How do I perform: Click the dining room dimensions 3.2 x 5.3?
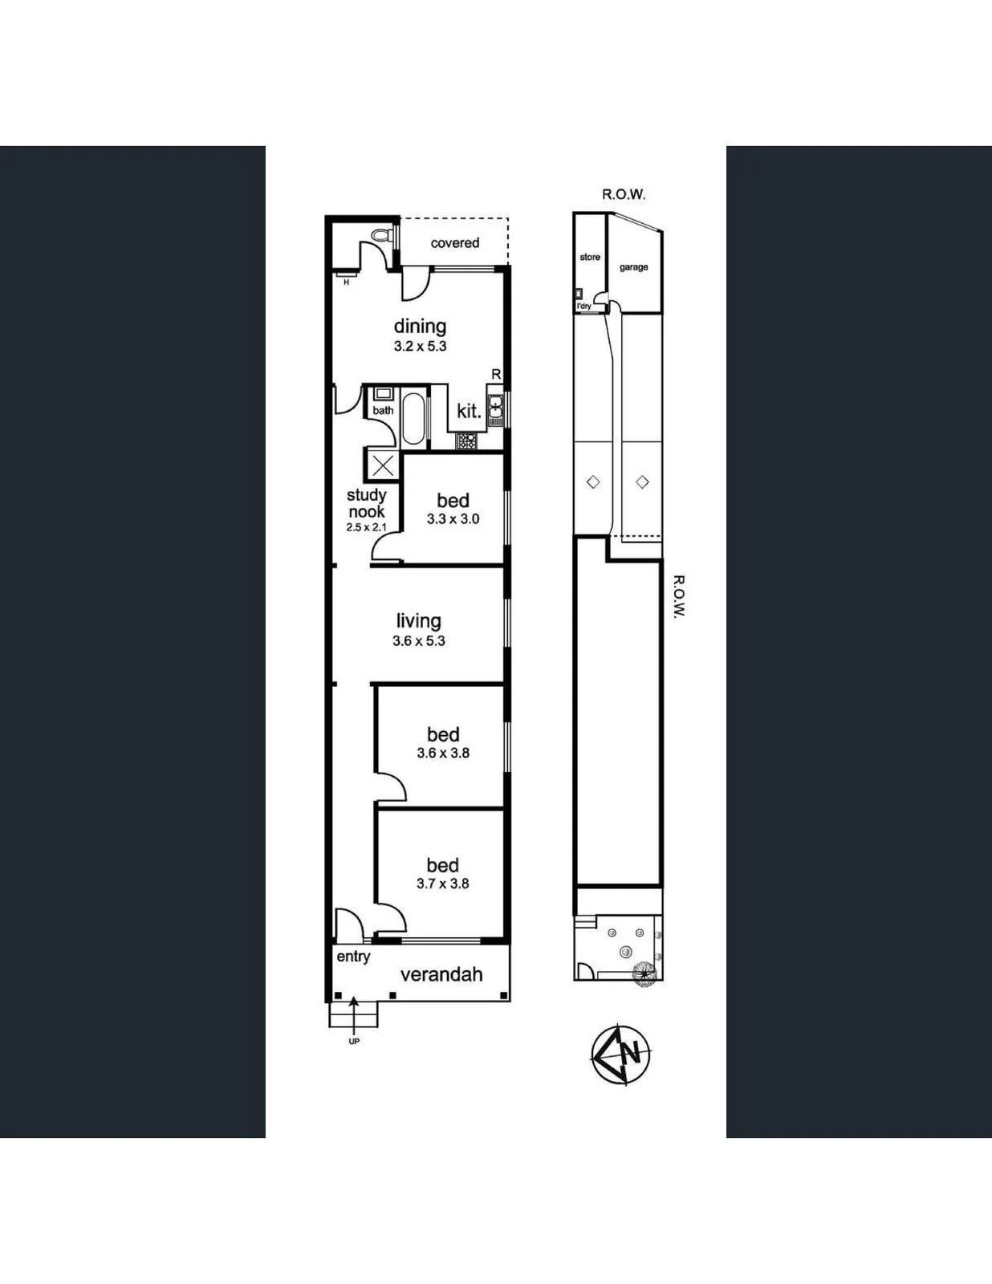(x=420, y=346)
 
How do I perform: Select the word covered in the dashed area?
(x=454, y=243)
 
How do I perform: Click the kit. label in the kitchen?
(x=470, y=411)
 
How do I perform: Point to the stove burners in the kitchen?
(x=466, y=441)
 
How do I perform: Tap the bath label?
(x=383, y=410)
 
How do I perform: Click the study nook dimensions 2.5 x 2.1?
(x=366, y=527)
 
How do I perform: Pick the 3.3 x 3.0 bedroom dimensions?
(x=453, y=519)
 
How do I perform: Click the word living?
(x=419, y=620)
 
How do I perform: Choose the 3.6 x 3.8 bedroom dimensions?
(x=443, y=753)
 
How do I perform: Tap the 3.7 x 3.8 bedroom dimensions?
(x=442, y=884)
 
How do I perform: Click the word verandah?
(x=442, y=974)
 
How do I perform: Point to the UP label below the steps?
(x=354, y=1042)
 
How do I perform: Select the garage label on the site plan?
(x=633, y=268)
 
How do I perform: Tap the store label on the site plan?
(x=590, y=257)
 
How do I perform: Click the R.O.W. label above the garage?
(x=624, y=194)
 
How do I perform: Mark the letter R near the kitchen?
(x=496, y=375)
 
